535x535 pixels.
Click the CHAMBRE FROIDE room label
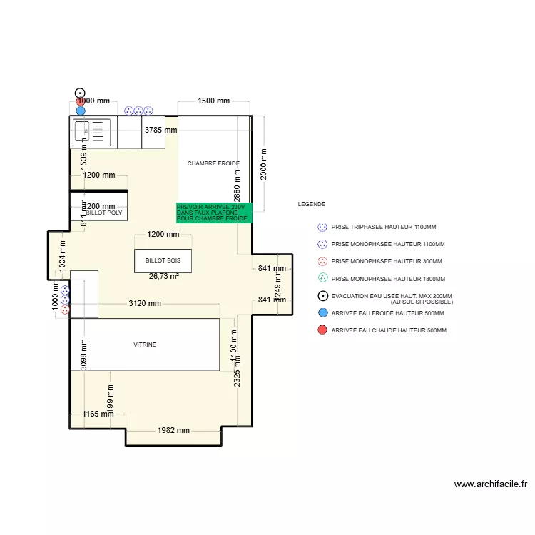(213, 163)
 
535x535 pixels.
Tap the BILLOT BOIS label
(163, 261)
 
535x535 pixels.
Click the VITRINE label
(145, 345)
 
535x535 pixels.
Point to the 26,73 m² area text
(163, 276)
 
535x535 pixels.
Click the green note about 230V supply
(214, 213)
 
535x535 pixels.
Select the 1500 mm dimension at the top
(213, 101)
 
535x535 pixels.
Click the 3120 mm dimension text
(145, 303)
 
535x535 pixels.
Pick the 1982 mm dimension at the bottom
(173, 430)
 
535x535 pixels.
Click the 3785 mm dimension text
(160, 131)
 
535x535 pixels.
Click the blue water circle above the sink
(81, 111)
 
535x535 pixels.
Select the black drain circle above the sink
(81, 93)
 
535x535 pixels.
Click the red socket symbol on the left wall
(65, 310)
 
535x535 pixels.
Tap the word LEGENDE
(311, 204)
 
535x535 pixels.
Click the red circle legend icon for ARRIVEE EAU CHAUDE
(322, 330)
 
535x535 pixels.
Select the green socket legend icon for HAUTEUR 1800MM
(322, 278)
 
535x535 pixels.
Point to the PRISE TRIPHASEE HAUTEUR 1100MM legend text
(384, 227)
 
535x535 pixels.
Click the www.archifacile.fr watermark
(491, 484)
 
